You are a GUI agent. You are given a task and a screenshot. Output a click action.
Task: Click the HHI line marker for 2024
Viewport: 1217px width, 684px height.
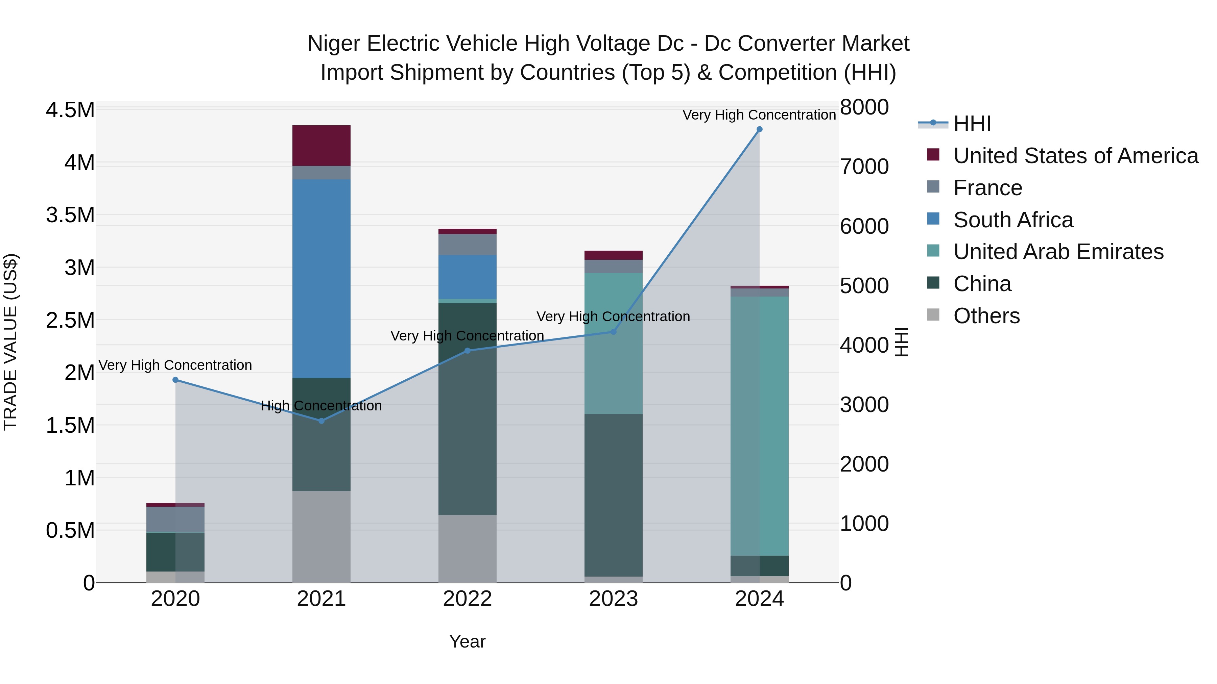[x=759, y=129]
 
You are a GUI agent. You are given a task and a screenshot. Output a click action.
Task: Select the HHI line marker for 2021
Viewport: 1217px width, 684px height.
[x=321, y=421]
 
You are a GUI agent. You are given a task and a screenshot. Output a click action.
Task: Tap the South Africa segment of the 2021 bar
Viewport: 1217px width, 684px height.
[x=321, y=279]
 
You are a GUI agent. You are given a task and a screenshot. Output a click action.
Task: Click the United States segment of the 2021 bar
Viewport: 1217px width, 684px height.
[x=321, y=145]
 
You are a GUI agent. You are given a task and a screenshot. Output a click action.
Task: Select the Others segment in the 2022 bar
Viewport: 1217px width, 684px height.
[x=467, y=548]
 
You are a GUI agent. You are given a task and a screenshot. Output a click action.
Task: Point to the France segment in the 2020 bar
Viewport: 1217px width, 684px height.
[x=175, y=519]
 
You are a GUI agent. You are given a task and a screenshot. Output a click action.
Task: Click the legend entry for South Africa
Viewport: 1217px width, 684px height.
[x=1012, y=220]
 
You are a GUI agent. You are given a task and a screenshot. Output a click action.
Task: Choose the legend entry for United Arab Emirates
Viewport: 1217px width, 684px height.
[x=1058, y=252]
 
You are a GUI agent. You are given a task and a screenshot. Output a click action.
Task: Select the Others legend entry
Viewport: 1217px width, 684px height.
[x=986, y=316]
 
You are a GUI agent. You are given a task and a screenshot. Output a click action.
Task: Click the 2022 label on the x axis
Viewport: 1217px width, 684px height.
[x=467, y=599]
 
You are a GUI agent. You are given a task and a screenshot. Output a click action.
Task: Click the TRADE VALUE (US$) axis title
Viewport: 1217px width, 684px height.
[x=10, y=342]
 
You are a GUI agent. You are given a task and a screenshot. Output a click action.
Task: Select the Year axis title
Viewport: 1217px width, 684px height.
[x=467, y=641]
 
